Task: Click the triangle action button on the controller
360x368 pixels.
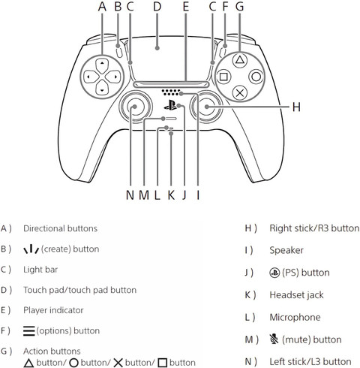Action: click(x=240, y=60)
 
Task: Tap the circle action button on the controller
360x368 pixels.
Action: click(x=256, y=77)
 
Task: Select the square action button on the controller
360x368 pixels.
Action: click(x=223, y=77)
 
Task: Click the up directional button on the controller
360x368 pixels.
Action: click(x=102, y=65)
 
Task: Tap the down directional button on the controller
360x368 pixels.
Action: click(x=102, y=87)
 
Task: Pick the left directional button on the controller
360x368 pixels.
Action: click(x=91, y=77)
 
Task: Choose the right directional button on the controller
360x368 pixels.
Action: click(x=113, y=77)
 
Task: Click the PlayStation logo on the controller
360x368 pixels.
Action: click(x=170, y=105)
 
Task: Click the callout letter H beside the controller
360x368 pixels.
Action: click(x=296, y=107)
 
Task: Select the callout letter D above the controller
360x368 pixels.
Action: click(x=157, y=6)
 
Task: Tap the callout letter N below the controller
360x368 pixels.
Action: click(x=130, y=195)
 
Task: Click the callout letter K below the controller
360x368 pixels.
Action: click(x=171, y=195)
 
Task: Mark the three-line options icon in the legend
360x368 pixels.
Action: click(x=28, y=330)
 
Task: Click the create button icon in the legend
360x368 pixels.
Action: click(x=31, y=249)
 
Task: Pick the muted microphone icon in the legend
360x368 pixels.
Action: click(x=274, y=339)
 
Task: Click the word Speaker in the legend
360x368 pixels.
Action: click(x=286, y=250)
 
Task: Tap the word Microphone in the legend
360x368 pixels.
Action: click(x=295, y=317)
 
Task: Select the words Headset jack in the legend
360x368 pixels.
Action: click(x=296, y=295)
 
